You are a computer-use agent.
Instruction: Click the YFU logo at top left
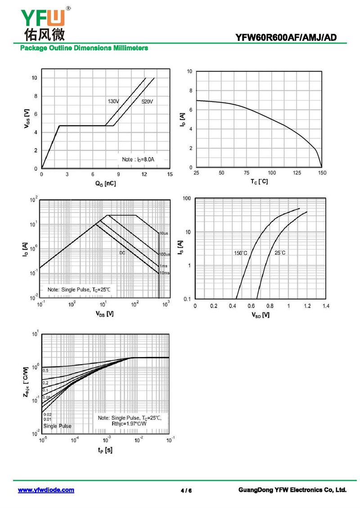(x=43, y=22)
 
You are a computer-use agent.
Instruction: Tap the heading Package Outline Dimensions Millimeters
(x=84, y=48)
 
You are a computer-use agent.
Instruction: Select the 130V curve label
(x=113, y=101)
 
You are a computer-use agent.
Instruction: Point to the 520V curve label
(x=148, y=102)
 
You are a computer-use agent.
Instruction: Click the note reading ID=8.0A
(x=140, y=160)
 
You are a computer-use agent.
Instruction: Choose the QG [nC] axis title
(x=106, y=183)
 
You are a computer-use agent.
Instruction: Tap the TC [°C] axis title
(x=259, y=182)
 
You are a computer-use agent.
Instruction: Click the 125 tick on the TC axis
(x=297, y=173)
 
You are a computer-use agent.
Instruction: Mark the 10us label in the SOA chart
(x=163, y=233)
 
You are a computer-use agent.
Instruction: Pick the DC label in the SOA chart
(x=122, y=253)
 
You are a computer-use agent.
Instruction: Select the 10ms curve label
(x=164, y=273)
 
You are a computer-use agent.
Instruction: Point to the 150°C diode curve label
(x=240, y=253)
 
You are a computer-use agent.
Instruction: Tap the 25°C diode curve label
(x=280, y=253)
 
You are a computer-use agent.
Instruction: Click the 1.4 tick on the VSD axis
(x=326, y=306)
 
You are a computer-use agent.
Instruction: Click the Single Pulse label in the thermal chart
(x=57, y=426)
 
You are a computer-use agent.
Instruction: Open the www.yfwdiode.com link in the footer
(x=46, y=490)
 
